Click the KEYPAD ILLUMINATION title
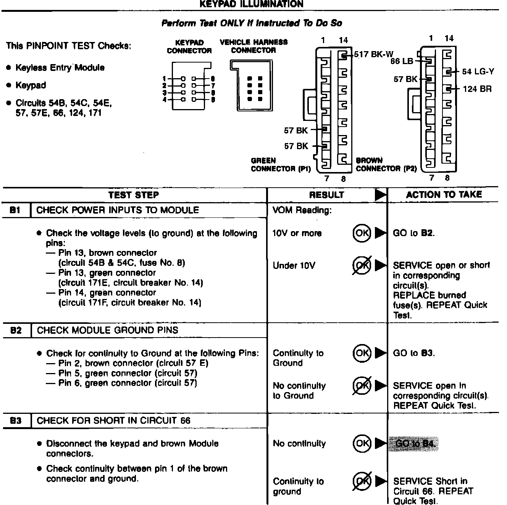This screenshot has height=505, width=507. coord(252,4)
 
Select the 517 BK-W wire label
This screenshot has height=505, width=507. coord(373,54)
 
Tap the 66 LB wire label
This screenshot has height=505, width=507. coord(402,61)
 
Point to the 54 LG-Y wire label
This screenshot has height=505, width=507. coord(478,71)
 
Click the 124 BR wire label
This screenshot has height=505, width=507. coord(477,89)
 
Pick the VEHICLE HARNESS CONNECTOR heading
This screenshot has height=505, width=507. coord(253,46)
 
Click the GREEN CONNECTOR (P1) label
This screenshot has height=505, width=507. coord(281,165)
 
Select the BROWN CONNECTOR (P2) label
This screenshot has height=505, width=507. coord(386,165)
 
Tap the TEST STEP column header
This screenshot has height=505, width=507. coord(133,195)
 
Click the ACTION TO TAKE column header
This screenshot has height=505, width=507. coord(444,195)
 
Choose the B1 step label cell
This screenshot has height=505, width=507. coord(16,210)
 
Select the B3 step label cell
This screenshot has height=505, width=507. coord(16,421)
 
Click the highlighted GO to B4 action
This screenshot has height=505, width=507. coord(414,444)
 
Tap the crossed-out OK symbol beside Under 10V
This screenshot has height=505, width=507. coord(361,265)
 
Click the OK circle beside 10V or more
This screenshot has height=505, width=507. coord(361,233)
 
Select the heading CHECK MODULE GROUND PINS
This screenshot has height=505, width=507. coord(107,330)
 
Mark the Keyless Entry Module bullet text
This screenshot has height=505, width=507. coord(60,68)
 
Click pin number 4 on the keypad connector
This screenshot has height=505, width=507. coord(164,100)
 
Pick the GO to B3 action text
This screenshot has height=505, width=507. coord(414,353)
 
